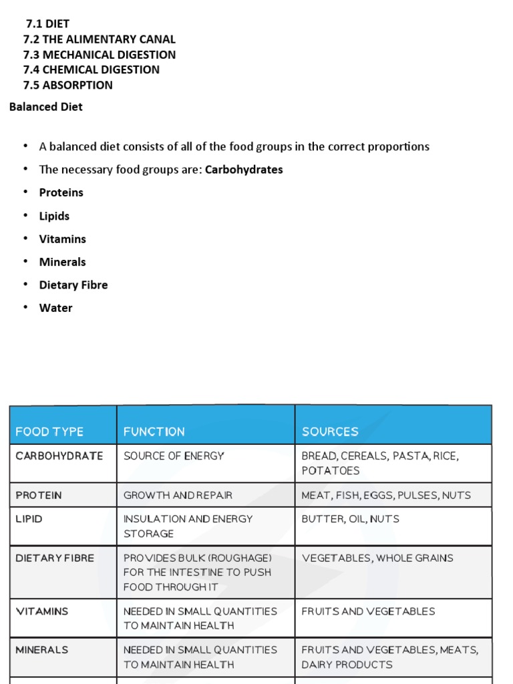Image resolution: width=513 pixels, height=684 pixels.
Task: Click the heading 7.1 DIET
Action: tap(47, 24)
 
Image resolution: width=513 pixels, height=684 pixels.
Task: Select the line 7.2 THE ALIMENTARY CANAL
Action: tap(99, 39)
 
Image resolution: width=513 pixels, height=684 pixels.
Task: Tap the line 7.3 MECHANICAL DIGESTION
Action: tap(99, 55)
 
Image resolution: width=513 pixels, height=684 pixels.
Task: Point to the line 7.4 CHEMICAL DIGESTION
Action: tap(91, 69)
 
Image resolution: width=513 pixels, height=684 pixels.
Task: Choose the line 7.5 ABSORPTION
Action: tap(67, 85)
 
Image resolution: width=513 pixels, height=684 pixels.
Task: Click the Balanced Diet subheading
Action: tap(46, 107)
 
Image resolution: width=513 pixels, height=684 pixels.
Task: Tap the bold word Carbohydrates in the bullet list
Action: tap(244, 170)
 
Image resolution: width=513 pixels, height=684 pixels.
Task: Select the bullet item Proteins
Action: tap(61, 192)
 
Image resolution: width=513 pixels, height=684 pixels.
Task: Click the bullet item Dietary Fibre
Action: tap(73, 285)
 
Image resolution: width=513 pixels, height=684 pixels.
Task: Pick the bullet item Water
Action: tap(56, 308)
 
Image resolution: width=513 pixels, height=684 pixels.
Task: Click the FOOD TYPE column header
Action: tap(49, 432)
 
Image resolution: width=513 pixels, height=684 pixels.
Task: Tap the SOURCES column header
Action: tap(330, 432)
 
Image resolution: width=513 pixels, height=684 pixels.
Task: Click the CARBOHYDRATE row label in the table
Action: tap(59, 456)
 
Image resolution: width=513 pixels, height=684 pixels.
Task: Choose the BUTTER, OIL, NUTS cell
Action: tap(351, 518)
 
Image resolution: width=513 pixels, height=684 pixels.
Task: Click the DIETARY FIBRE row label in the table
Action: tap(55, 558)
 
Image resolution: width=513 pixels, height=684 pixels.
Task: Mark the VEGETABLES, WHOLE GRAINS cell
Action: tap(377, 558)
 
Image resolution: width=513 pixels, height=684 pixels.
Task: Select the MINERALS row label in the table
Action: tap(42, 649)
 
